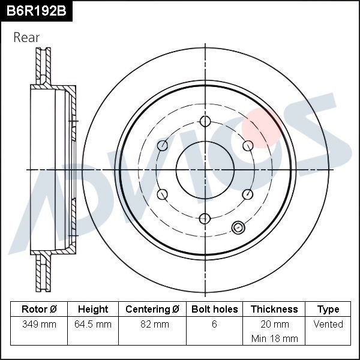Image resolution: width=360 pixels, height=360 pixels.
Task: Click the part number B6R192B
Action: pos(36,11)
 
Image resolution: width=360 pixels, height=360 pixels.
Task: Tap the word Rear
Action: pos(26,37)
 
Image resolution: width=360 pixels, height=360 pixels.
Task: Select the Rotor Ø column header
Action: pos(39,309)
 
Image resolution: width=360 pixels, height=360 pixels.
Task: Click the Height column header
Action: pos(93,309)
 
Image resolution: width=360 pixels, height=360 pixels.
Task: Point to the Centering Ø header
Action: pos(152,309)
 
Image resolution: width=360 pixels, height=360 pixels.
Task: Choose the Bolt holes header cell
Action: pos(214,309)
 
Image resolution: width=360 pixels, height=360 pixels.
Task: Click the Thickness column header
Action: pos(274,309)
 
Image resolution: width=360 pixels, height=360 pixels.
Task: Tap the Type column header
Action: pos(328,310)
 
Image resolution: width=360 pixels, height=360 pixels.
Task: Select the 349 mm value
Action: pos(39,324)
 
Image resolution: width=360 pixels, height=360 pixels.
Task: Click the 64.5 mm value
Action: pos(93,324)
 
